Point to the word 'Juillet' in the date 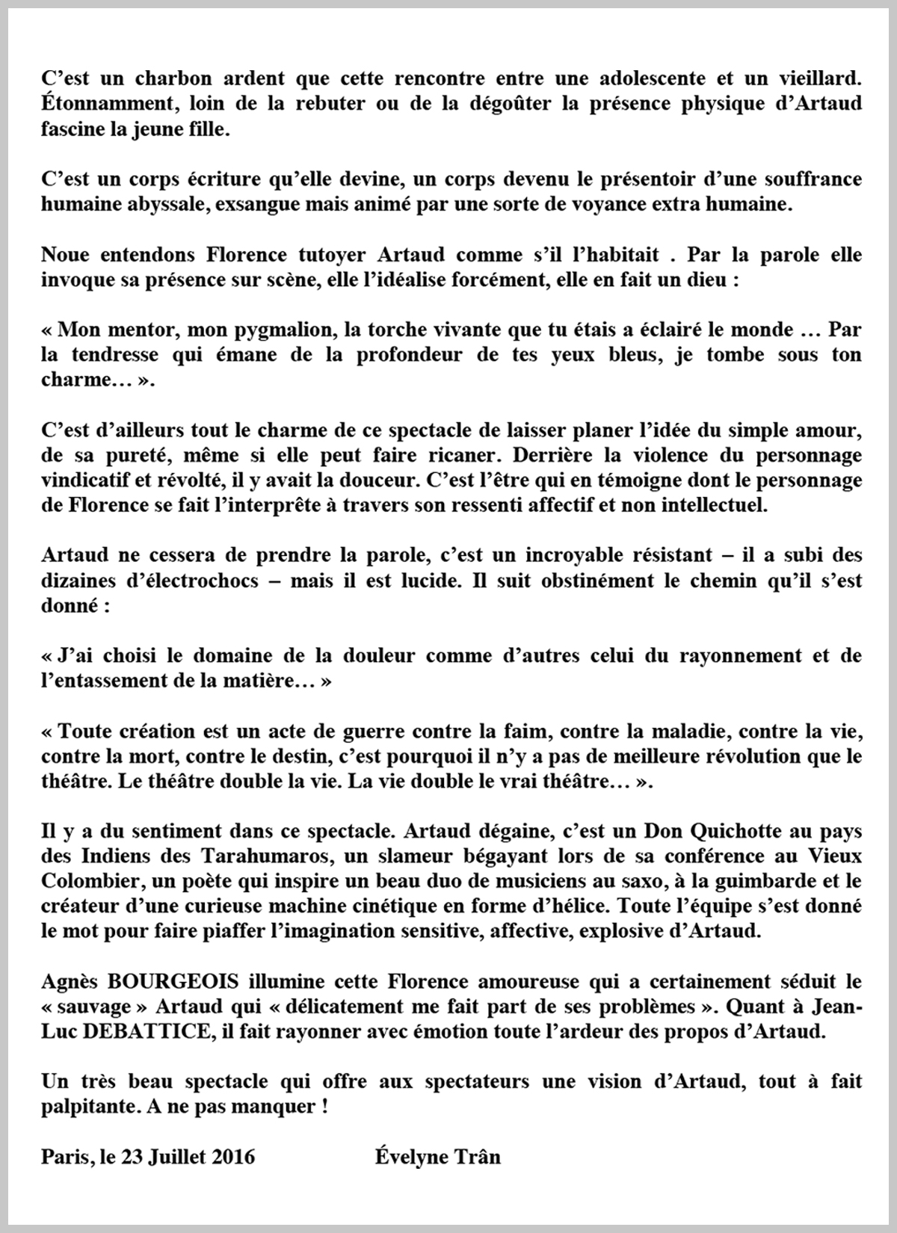(176, 1158)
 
